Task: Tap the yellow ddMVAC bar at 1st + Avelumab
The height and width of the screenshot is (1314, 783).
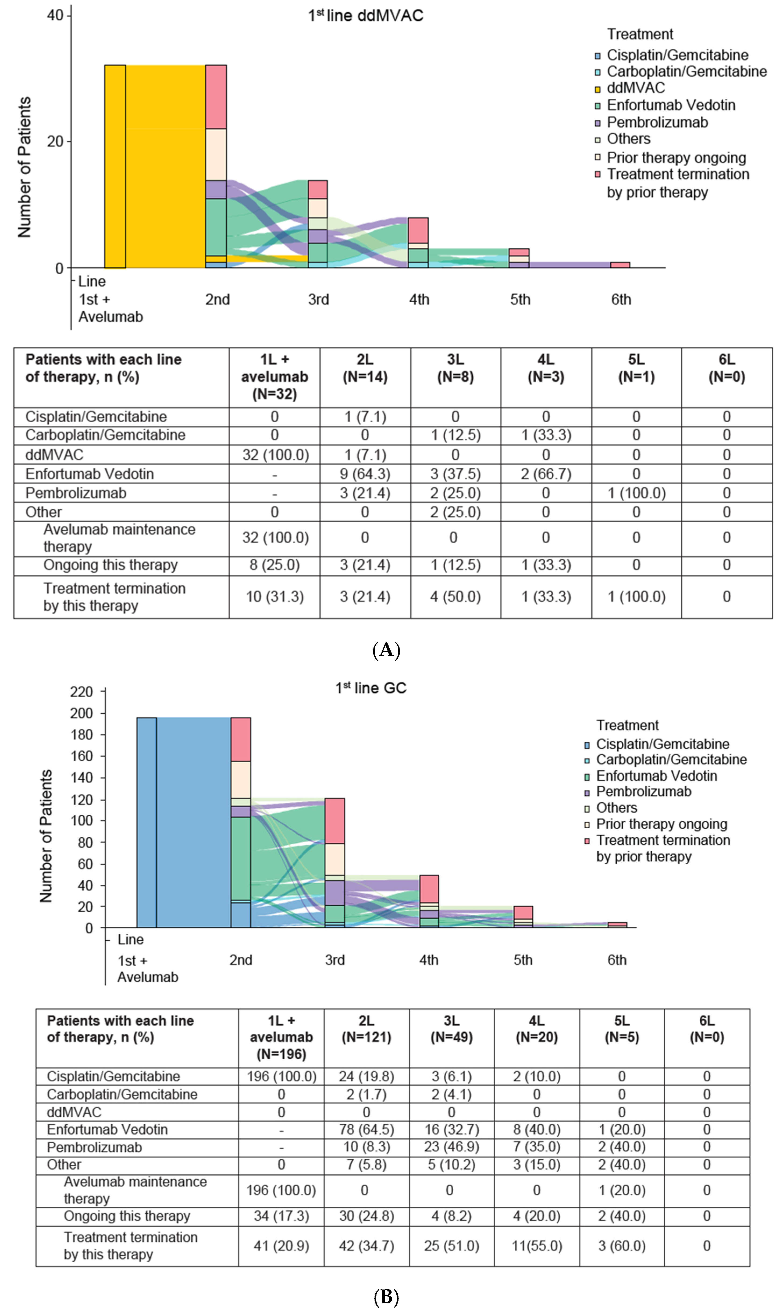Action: [x=115, y=166]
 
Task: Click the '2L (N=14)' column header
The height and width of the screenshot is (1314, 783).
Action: [x=365, y=368]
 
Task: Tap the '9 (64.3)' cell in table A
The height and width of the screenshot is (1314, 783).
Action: [x=365, y=474]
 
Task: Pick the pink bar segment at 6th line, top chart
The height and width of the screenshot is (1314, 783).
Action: [x=620, y=265]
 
